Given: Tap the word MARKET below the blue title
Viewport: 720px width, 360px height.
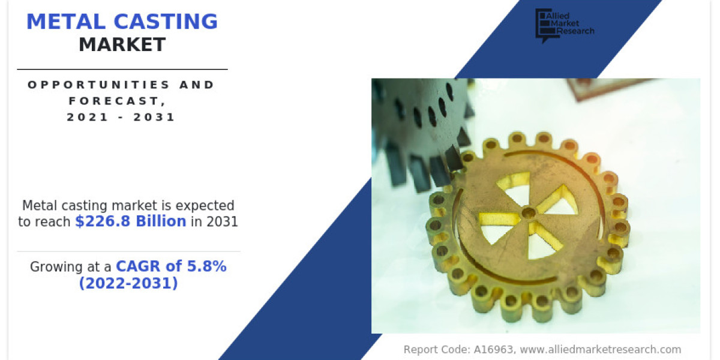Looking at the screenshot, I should tap(122, 44).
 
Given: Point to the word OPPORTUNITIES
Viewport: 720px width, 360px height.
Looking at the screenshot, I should tap(89, 85).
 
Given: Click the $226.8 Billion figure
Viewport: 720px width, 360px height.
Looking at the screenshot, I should tap(130, 221).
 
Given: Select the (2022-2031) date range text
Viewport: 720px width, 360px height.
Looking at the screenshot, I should tap(128, 283).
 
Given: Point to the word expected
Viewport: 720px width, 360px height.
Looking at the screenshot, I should tap(204, 206).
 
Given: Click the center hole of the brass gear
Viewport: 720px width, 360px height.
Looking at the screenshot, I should tap(528, 212).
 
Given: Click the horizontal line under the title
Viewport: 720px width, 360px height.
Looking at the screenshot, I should tap(122, 69).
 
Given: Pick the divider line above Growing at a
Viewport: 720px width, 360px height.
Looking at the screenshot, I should tap(128, 251).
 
